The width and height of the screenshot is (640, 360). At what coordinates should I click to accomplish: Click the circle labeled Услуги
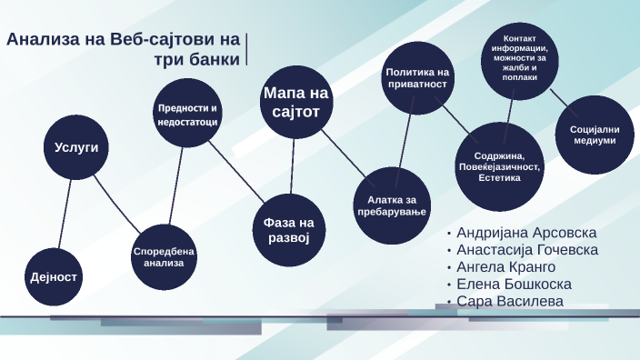pyautogui.click(x=75, y=146)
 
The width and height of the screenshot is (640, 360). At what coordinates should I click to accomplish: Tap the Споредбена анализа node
pyautogui.click(x=164, y=256)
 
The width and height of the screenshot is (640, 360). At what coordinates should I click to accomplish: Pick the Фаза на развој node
pyautogui.click(x=289, y=229)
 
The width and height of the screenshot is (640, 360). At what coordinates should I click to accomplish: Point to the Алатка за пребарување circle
pyautogui.click(x=390, y=206)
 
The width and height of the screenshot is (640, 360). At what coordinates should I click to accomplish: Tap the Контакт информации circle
pyautogui.click(x=520, y=59)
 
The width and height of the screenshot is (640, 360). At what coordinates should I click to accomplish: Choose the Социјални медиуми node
pyautogui.click(x=595, y=135)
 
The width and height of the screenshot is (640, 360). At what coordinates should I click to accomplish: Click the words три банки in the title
pyautogui.click(x=210, y=59)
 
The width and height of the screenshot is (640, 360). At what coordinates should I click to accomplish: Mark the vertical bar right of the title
pyautogui.click(x=247, y=50)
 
